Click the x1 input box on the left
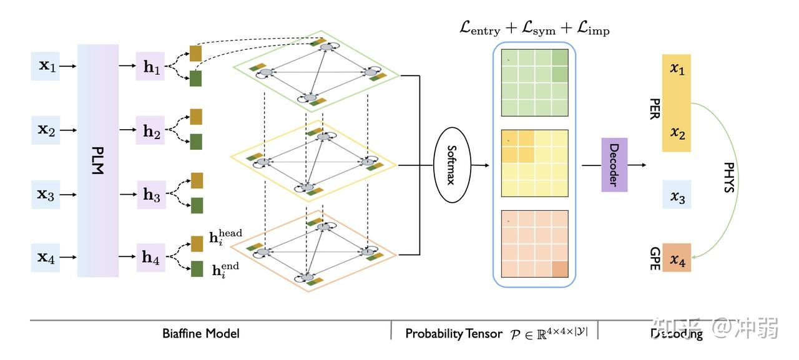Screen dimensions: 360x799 click(46, 66)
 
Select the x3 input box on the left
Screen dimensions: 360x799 click(46, 195)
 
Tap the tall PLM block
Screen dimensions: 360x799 click(97, 160)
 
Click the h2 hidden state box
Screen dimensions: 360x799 click(150, 130)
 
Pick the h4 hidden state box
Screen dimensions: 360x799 click(150, 257)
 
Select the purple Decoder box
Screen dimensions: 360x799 click(614, 165)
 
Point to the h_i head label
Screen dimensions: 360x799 click(225, 236)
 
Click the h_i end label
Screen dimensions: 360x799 click(225, 269)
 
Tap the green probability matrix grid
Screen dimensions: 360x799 click(534, 82)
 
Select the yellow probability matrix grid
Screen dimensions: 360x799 click(534, 163)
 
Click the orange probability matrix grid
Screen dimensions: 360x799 click(534, 244)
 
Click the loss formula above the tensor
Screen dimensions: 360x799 click(534, 28)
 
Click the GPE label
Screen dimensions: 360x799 click(654, 256)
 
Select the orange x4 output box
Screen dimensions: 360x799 click(677, 257)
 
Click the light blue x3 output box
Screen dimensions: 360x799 click(677, 195)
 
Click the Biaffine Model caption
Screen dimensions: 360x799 click(200, 333)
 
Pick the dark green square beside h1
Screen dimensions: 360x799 click(196, 79)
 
